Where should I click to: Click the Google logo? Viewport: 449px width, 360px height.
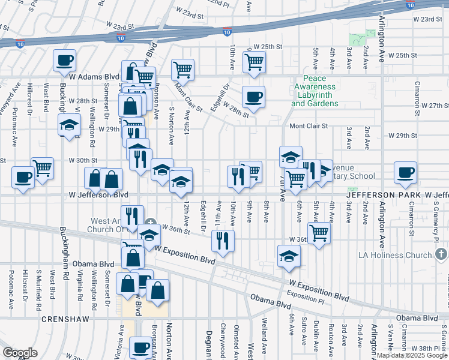coord(20,353)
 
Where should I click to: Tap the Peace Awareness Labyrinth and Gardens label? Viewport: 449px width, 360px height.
coord(315,91)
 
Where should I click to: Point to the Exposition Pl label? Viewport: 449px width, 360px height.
coord(305,293)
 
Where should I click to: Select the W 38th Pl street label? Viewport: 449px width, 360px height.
coord(429,349)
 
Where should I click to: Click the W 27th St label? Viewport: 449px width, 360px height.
coord(435,106)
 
